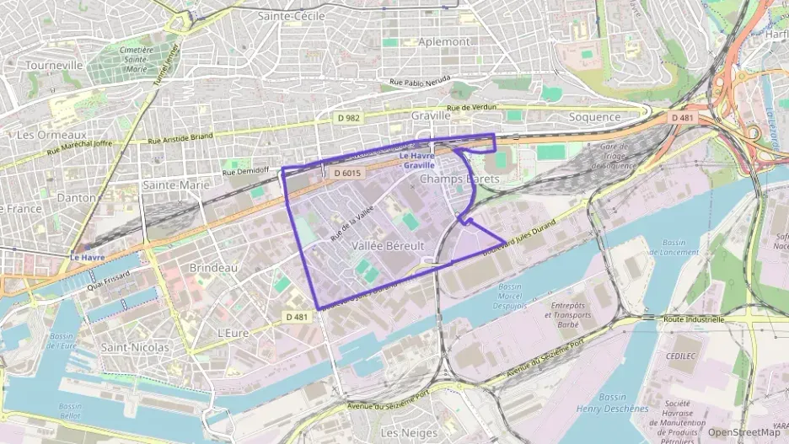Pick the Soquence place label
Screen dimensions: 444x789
[x=594, y=117]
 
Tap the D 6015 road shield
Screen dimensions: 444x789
[x=347, y=173]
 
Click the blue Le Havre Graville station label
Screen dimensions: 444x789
[x=419, y=161]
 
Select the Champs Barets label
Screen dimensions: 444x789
[x=459, y=179]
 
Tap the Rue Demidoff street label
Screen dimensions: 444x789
[x=244, y=172]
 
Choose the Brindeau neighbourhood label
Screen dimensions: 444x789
[x=213, y=267]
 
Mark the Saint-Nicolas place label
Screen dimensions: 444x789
[x=135, y=347]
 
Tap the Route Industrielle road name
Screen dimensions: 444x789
[x=693, y=320]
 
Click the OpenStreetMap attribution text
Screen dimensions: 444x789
[x=743, y=432]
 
